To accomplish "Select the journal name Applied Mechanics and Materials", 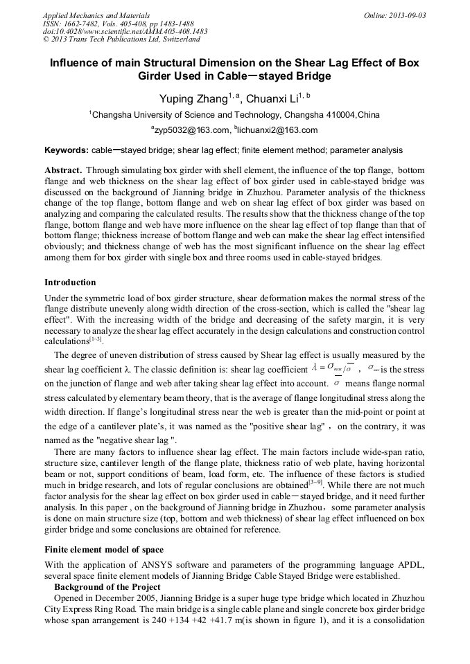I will [89, 15].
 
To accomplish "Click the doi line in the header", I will [125, 32].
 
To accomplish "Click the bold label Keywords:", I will [67, 150].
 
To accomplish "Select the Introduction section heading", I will [70, 282].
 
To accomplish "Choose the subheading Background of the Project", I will [107, 587].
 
